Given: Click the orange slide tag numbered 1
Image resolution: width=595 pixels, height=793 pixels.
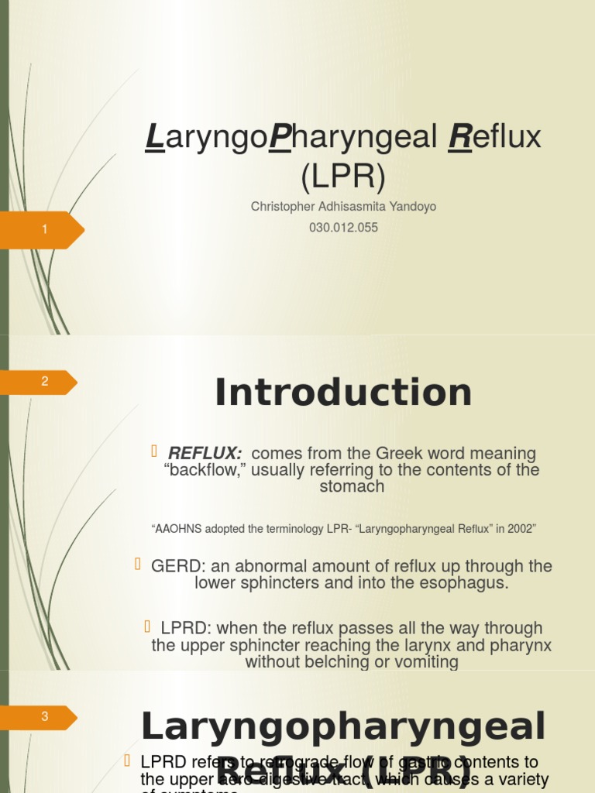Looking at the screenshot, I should click(x=43, y=229).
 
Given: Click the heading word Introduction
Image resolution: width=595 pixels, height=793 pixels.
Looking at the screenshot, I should click(x=343, y=393).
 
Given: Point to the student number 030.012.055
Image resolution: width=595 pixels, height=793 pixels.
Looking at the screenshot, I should click(x=343, y=228).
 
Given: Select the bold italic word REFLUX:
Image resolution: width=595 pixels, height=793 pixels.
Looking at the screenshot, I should click(x=205, y=453).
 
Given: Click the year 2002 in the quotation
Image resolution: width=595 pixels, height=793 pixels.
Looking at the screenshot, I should click(x=519, y=529).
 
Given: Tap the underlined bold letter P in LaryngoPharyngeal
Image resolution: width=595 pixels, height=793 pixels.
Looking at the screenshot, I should click(x=279, y=138).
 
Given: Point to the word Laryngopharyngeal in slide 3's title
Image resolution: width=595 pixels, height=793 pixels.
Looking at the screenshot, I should click(x=343, y=727).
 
